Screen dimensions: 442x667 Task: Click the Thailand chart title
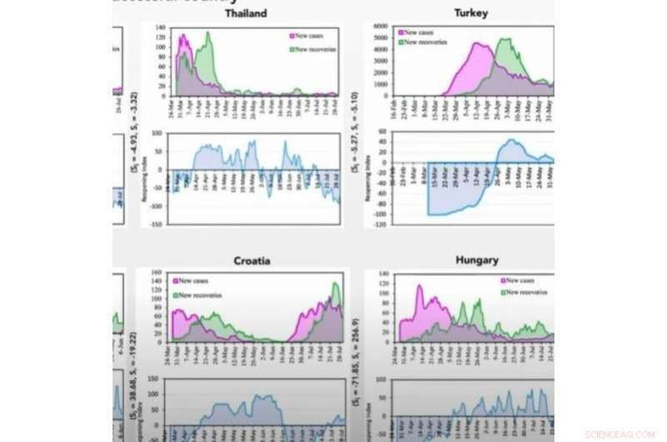coord(246,13)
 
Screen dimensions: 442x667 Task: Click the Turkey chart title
coord(471,13)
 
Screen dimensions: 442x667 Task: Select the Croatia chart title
coord(251,260)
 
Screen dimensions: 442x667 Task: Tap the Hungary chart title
coord(477,259)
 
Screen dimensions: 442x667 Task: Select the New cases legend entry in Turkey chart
coord(423,32)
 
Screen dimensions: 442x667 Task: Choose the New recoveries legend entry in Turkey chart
coord(427,41)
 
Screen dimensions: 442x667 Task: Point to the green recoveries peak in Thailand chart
coord(208,34)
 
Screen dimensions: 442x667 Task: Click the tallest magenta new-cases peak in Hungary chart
coord(419,287)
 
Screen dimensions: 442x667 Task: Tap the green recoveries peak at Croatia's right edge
coord(336,284)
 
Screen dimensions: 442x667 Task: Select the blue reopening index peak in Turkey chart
coord(511,140)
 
